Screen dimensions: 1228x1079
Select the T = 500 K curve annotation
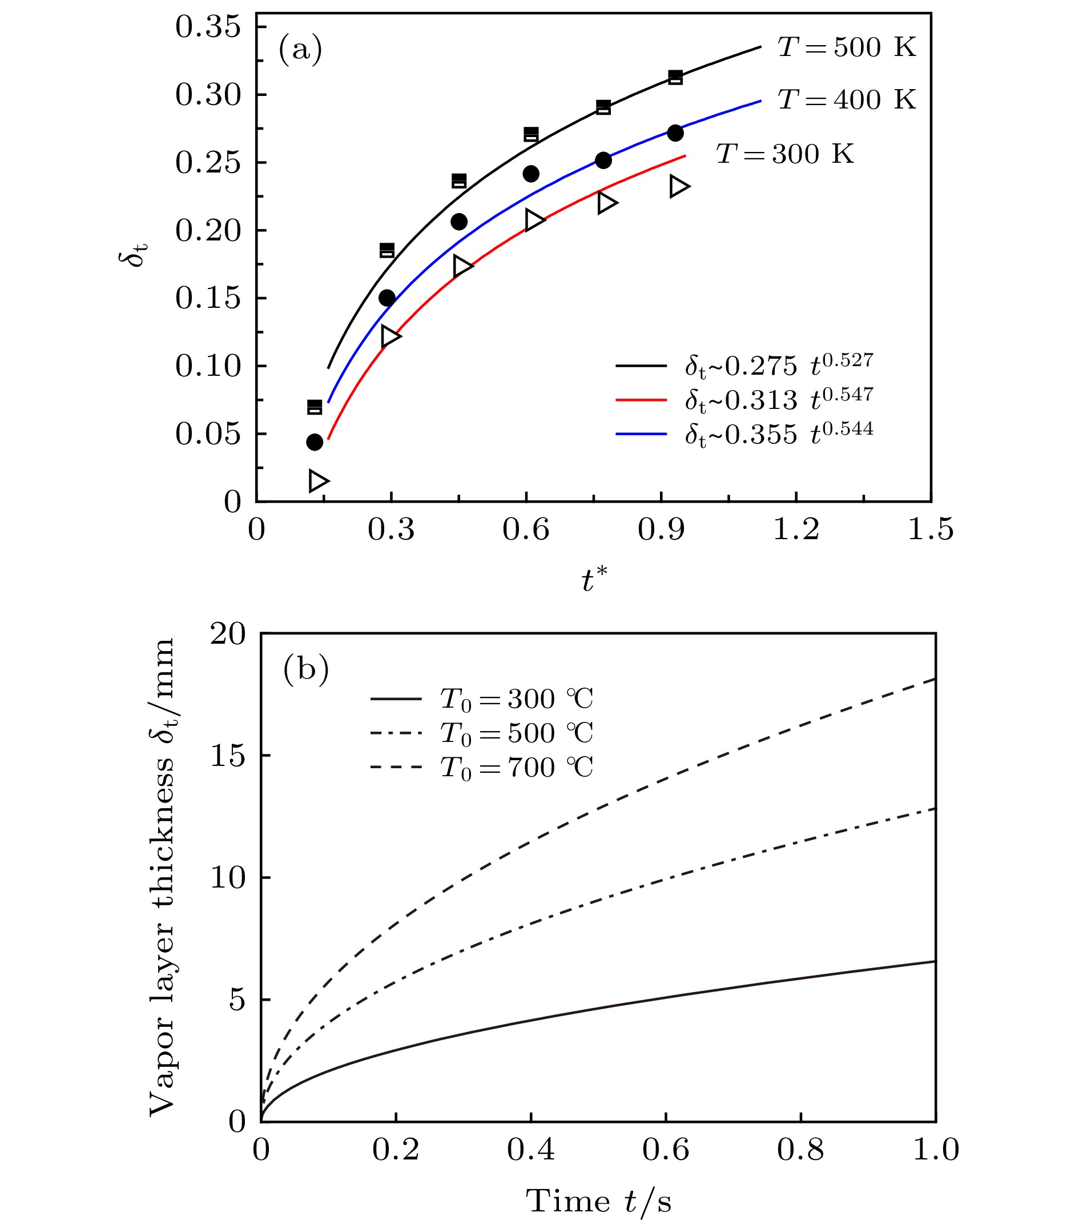pyautogui.click(x=847, y=47)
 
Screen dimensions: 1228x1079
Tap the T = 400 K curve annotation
pyautogui.click(x=847, y=100)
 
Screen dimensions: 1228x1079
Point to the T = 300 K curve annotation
pyautogui.click(x=784, y=154)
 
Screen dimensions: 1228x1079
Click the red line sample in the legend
pyautogui.click(x=641, y=399)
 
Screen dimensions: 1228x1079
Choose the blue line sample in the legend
pyautogui.click(x=641, y=434)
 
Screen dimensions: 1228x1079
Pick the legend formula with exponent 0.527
pyautogui.click(x=779, y=364)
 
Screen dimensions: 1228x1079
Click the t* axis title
pyautogui.click(x=594, y=580)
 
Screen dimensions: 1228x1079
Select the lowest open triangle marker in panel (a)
pyautogui.click(x=318, y=480)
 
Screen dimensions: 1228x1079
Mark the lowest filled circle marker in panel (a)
pyautogui.click(x=315, y=442)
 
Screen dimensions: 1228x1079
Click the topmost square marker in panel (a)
pyautogui.click(x=675, y=77)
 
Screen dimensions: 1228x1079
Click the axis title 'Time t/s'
pyautogui.click(x=599, y=1202)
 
